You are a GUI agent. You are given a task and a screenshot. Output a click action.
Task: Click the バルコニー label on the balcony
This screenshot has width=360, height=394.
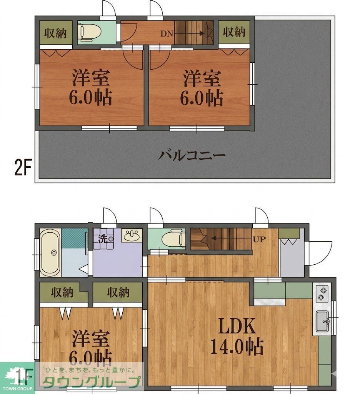(x=192, y=156)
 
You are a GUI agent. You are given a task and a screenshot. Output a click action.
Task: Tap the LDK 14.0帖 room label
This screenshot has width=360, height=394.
(x=237, y=337)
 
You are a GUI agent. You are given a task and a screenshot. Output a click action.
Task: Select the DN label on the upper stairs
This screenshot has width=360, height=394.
(x=167, y=33)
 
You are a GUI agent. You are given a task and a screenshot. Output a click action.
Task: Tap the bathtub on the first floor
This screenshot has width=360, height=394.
(x=50, y=252)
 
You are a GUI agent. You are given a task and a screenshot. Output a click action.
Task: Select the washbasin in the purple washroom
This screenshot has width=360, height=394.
(x=132, y=235)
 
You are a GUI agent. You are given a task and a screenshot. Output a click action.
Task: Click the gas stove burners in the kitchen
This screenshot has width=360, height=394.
(x=322, y=294)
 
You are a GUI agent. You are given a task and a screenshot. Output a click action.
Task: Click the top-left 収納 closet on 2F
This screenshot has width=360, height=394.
(x=55, y=33)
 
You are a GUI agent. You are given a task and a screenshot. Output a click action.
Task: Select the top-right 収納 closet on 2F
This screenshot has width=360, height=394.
(x=234, y=32)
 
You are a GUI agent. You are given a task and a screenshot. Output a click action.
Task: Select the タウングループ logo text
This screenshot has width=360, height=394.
(x=92, y=382)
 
